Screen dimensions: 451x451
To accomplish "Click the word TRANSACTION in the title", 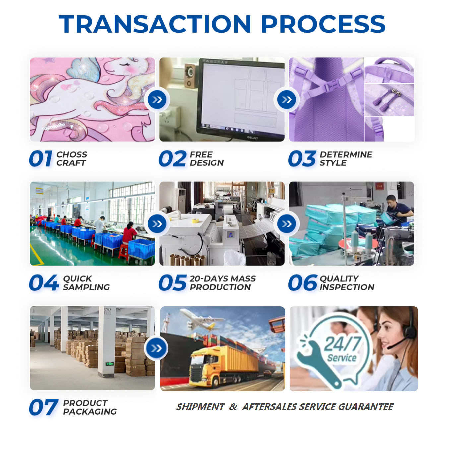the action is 155,24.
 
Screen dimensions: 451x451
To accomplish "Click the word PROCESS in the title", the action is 323,24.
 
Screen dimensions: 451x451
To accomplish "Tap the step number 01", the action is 41,159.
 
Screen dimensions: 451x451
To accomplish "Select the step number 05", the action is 172,283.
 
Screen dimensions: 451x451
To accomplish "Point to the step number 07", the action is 43,407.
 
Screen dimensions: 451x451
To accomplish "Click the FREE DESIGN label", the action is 206,159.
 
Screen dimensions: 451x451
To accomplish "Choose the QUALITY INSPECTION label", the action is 347,283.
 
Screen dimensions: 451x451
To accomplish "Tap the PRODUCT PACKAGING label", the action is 90,407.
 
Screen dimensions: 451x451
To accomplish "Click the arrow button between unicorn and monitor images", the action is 157,100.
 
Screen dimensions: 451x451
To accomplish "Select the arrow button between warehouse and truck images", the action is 156,348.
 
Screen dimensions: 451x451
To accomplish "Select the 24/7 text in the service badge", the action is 343,344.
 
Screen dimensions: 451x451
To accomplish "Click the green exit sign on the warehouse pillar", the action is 110,364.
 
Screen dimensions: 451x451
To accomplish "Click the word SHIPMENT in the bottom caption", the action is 200,407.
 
